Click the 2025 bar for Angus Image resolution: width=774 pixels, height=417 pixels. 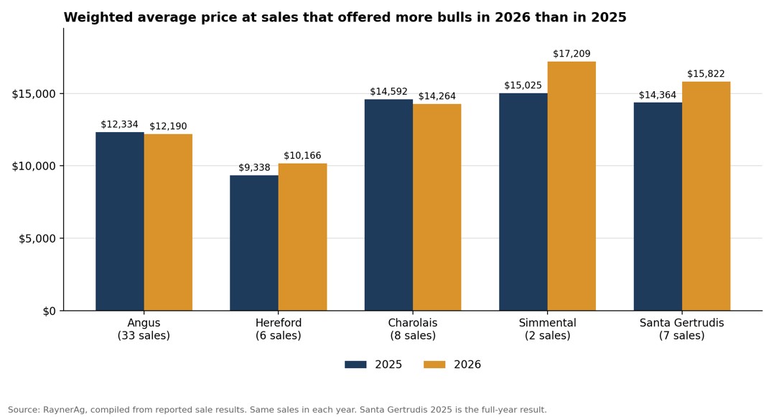(x=120, y=222)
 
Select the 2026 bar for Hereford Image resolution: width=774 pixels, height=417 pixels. (x=302, y=237)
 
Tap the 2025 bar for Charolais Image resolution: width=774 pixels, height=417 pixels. (x=389, y=205)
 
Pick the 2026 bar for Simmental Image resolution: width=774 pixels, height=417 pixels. (x=572, y=186)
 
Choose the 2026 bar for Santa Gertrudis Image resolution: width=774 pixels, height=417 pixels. (x=707, y=196)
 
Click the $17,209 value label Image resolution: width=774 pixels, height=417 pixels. (x=572, y=54)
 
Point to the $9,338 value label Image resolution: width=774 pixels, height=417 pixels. (x=254, y=168)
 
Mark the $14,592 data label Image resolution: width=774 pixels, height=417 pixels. (x=389, y=92)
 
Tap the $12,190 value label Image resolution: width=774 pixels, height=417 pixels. (x=168, y=126)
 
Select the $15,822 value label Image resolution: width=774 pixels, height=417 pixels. (x=706, y=74)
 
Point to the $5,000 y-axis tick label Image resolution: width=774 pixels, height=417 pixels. (x=37, y=239)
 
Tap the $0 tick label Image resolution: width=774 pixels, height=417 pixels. (x=50, y=311)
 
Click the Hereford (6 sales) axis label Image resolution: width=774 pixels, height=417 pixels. (x=279, y=329)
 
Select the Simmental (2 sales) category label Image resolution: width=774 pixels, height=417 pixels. (x=547, y=329)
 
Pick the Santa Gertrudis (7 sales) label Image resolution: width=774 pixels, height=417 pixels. (x=681, y=329)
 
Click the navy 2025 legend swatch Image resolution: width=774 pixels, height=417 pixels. (x=355, y=365)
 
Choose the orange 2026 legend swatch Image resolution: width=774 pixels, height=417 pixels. (x=434, y=365)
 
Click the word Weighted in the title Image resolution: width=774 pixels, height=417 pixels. (x=91, y=18)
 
